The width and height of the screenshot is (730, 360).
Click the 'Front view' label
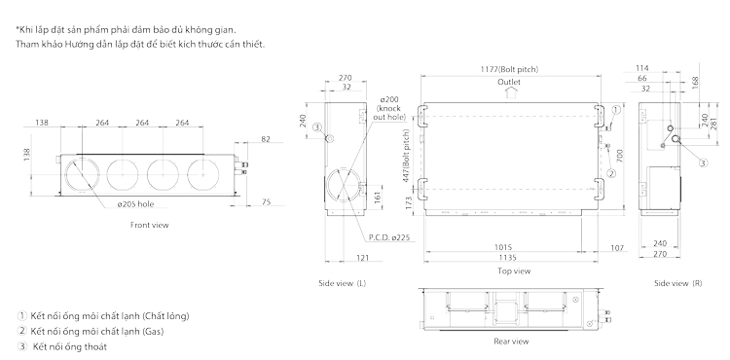click(150, 225)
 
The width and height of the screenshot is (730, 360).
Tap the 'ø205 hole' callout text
click(135, 204)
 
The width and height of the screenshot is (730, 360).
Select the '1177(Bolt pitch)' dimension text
click(509, 69)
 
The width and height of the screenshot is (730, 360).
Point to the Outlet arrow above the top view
click(509, 93)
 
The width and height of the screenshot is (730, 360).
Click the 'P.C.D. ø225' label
click(388, 237)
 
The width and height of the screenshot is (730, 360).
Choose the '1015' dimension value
click(503, 247)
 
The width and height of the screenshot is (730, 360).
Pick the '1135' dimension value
click(508, 257)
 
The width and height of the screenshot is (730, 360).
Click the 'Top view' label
click(514, 271)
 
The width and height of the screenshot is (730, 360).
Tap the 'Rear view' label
click(511, 342)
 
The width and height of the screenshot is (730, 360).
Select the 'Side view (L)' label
click(343, 283)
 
